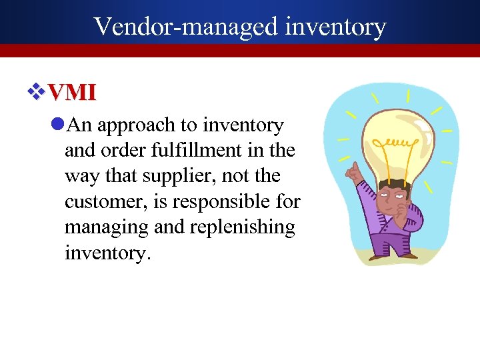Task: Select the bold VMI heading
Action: click(x=72, y=92)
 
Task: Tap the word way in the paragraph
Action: click(x=79, y=176)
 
